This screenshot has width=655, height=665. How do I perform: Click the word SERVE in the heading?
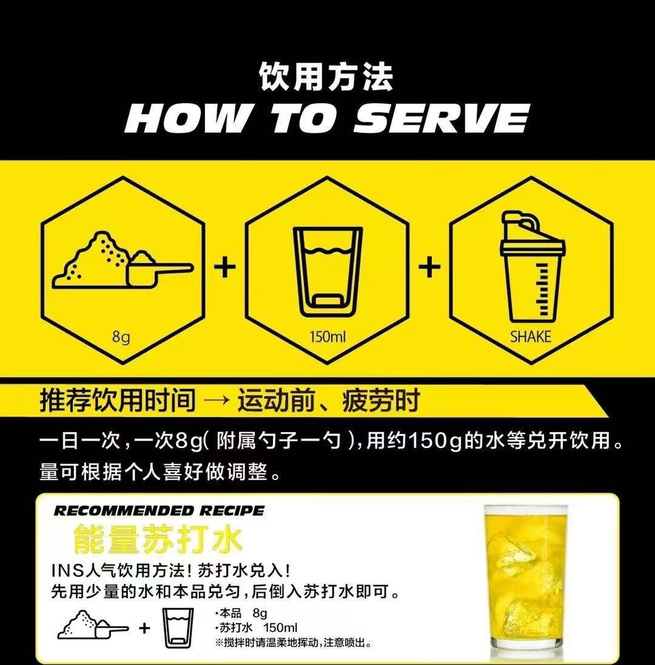click(442, 119)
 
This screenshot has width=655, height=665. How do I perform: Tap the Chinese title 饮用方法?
click(326, 77)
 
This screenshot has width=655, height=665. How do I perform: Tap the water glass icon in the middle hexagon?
click(327, 269)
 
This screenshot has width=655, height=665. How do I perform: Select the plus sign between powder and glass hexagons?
click(225, 267)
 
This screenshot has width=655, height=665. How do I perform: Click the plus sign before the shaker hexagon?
click(429, 267)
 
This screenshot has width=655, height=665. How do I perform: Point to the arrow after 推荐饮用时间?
click(216, 401)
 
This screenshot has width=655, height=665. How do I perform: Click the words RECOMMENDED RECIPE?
click(159, 510)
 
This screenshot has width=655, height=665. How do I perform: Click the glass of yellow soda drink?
click(530, 582)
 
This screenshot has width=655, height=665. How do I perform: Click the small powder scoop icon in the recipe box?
click(92, 625)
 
